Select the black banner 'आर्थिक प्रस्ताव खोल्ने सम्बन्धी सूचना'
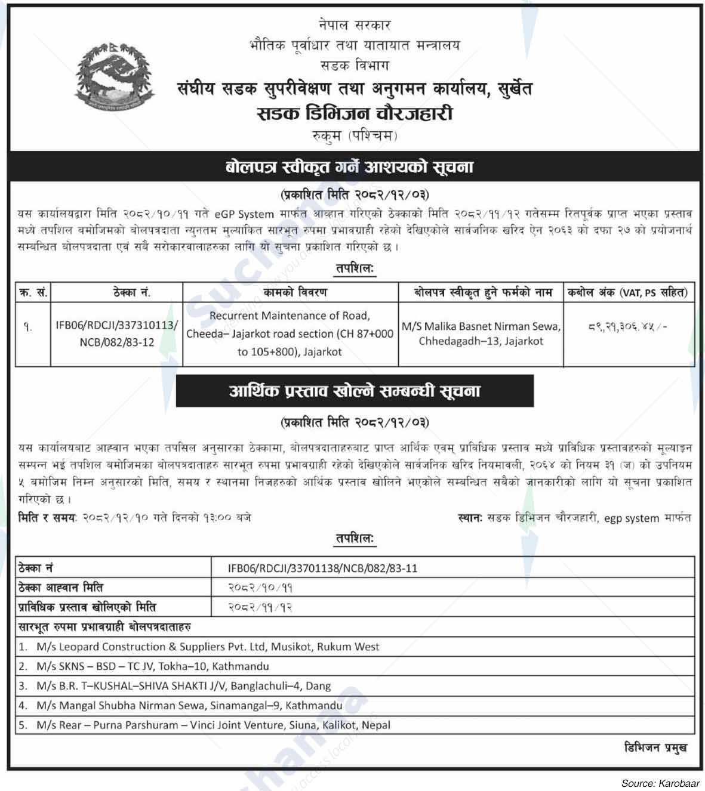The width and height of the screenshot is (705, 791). [355, 391]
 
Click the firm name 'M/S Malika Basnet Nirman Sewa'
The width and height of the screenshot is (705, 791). [481, 326]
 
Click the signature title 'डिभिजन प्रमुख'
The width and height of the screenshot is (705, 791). [655, 747]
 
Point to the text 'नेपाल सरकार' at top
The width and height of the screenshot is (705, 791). [355, 25]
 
